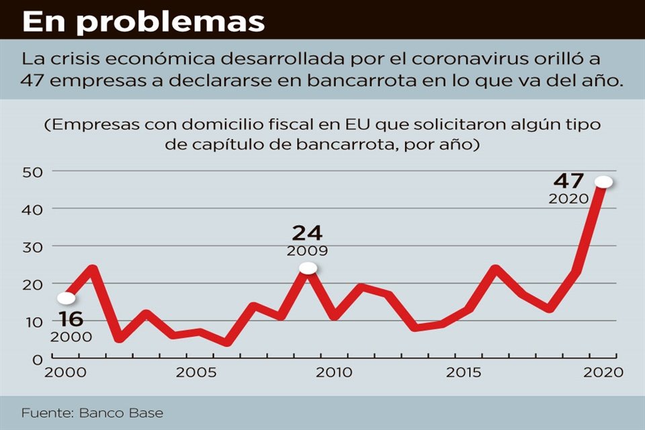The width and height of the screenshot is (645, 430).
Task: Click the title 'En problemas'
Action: tap(143, 21)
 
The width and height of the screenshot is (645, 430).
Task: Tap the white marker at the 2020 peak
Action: tap(603, 182)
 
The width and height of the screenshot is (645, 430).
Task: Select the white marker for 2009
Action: tap(308, 268)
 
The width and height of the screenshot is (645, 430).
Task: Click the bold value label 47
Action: tap(568, 181)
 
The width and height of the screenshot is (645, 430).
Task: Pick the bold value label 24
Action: tap(307, 233)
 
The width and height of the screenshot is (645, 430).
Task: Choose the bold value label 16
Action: tap(71, 319)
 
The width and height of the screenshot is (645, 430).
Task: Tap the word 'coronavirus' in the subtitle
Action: tap(417, 58)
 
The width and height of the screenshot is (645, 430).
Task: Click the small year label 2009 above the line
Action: tap(307, 251)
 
